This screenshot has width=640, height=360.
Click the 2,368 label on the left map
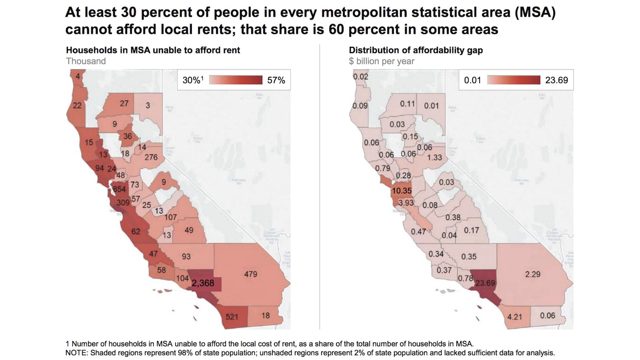(x=203, y=283)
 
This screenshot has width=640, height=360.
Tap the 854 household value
(x=119, y=190)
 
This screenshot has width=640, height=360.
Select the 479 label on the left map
(x=251, y=274)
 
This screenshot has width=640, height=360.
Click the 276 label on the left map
(x=151, y=158)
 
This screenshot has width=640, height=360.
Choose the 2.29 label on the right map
(x=532, y=274)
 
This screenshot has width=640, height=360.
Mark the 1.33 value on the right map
(x=434, y=158)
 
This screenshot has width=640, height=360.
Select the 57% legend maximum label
(x=276, y=80)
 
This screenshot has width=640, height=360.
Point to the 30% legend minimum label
(x=192, y=80)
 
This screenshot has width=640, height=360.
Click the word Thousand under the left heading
(x=86, y=61)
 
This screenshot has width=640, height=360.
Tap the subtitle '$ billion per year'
(x=382, y=61)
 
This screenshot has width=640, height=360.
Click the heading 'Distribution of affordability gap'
(x=416, y=50)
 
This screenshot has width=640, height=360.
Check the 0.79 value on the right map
(x=383, y=168)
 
